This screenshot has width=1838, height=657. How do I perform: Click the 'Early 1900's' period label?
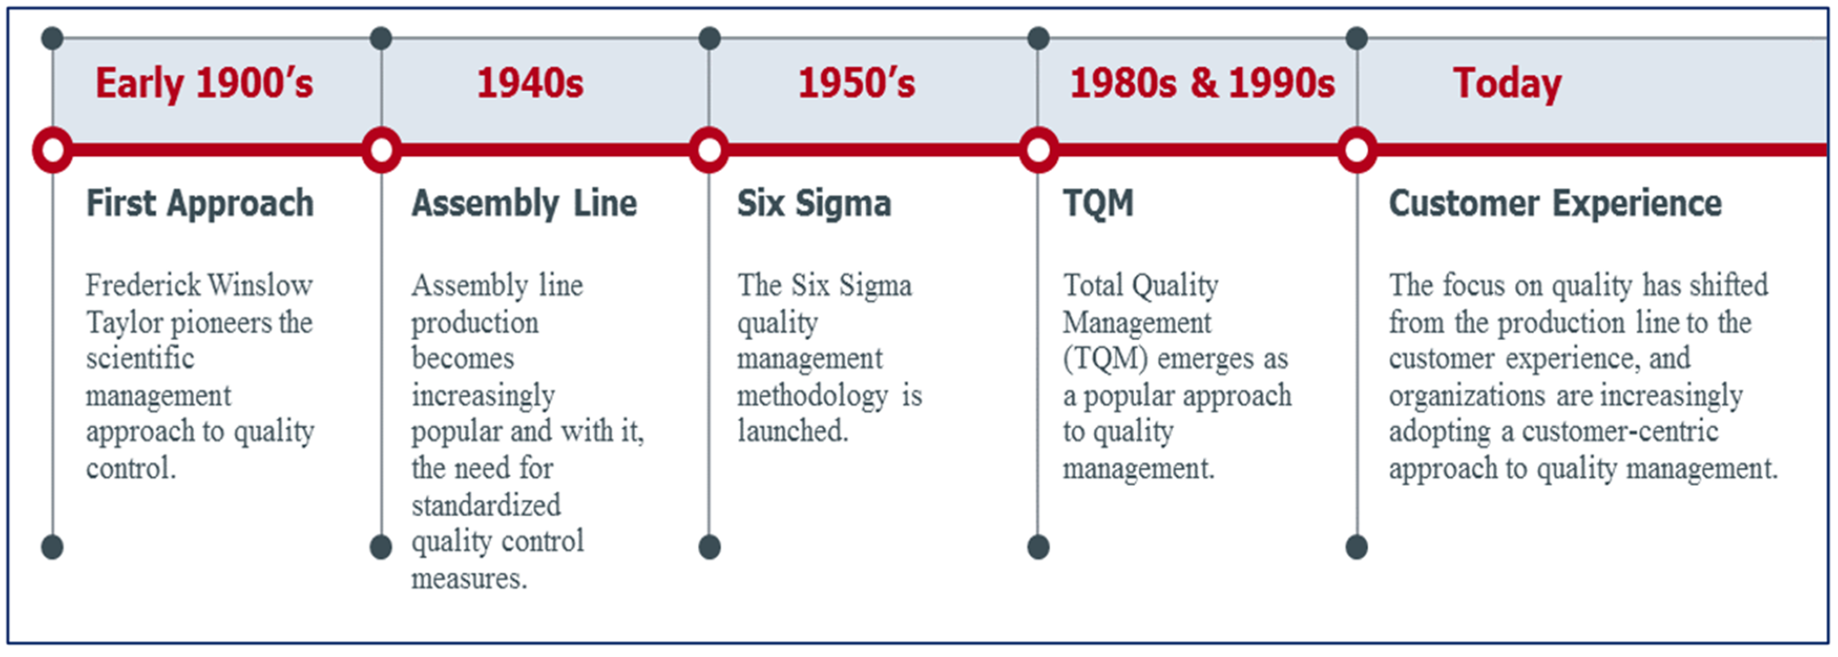click(204, 83)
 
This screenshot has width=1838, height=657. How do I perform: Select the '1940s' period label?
click(530, 83)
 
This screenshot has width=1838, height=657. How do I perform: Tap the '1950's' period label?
click(856, 83)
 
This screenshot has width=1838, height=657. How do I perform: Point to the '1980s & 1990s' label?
click(1202, 83)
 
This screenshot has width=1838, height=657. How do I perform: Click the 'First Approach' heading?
click(200, 204)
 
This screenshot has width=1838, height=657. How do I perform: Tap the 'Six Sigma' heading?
click(814, 204)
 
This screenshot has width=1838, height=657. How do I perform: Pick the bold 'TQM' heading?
click(1098, 204)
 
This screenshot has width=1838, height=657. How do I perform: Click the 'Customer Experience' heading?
click(1555, 204)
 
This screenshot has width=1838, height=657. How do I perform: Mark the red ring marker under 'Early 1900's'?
click(53, 150)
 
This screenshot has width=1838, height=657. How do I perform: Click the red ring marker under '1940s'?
click(382, 150)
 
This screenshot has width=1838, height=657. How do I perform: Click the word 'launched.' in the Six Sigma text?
click(793, 431)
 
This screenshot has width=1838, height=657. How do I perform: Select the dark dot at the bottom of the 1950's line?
click(709, 547)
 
